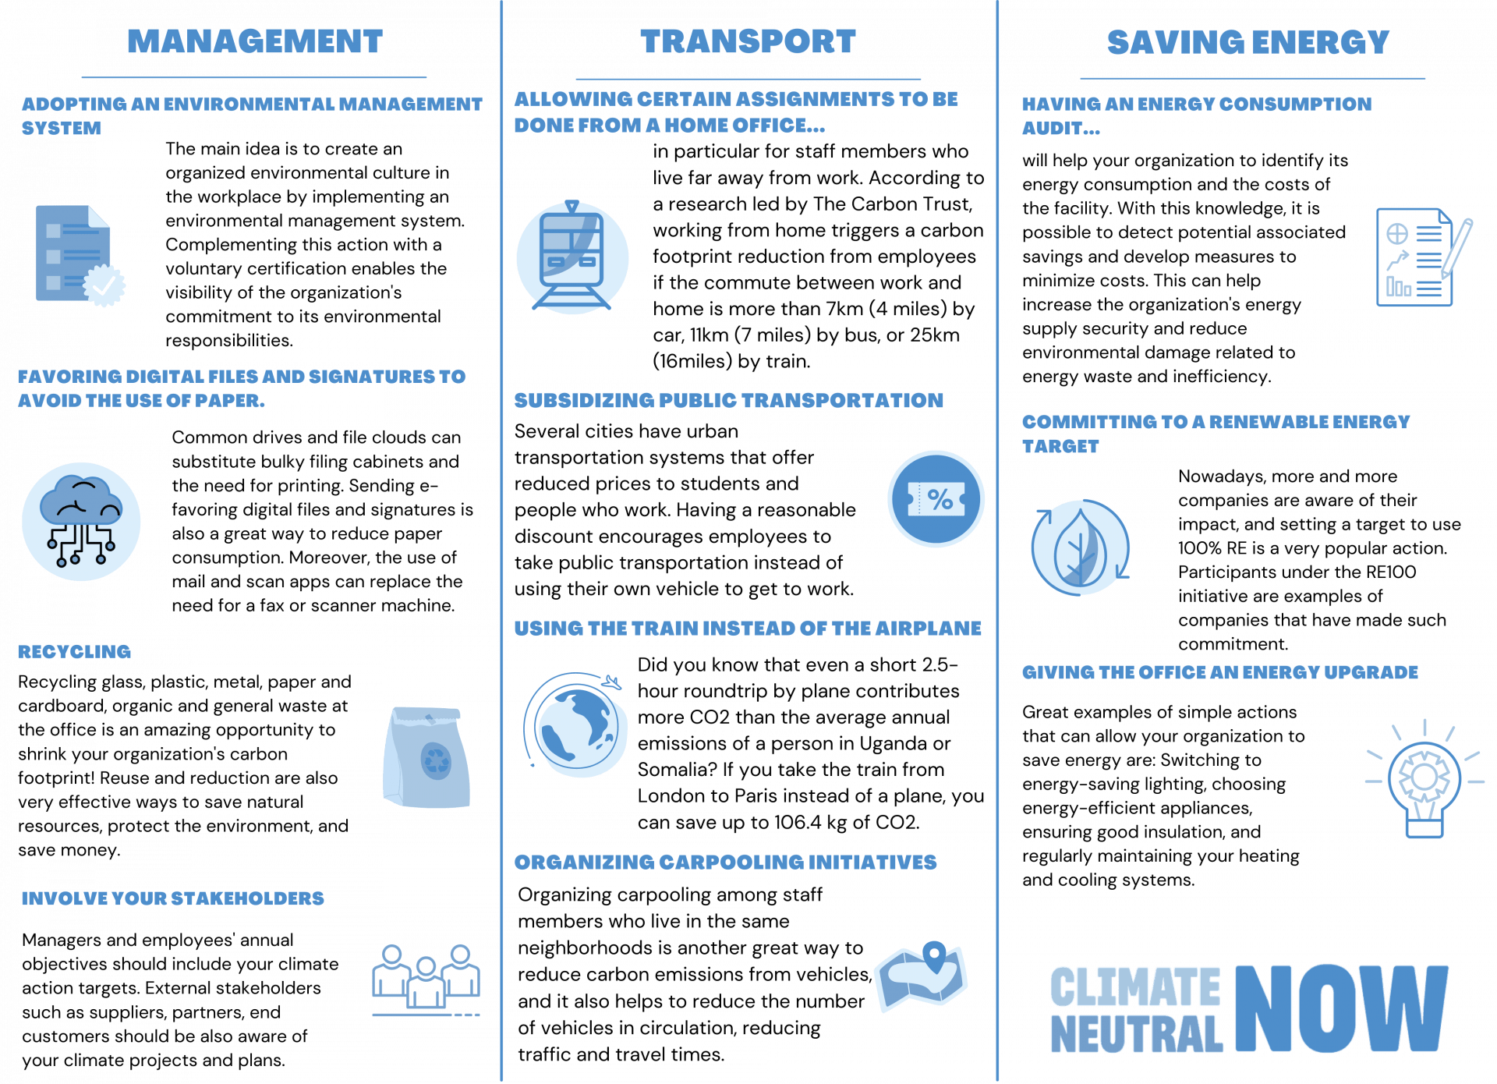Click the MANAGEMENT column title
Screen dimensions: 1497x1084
(255, 41)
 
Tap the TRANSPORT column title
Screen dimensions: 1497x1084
(748, 41)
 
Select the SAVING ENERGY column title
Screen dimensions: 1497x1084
(1248, 42)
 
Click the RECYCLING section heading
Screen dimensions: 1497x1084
(75, 652)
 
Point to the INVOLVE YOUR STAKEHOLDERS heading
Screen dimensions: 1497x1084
(173, 898)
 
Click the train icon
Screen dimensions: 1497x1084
(572, 256)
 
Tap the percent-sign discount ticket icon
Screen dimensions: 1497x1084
(936, 498)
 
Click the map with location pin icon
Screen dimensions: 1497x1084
(921, 976)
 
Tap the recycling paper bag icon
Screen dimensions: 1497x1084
(426, 756)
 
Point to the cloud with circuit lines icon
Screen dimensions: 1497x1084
(81, 521)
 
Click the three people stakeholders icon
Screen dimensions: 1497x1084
(426, 979)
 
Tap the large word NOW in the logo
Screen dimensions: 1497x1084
(1342, 1008)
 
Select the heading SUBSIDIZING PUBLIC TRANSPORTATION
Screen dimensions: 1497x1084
(728, 401)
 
